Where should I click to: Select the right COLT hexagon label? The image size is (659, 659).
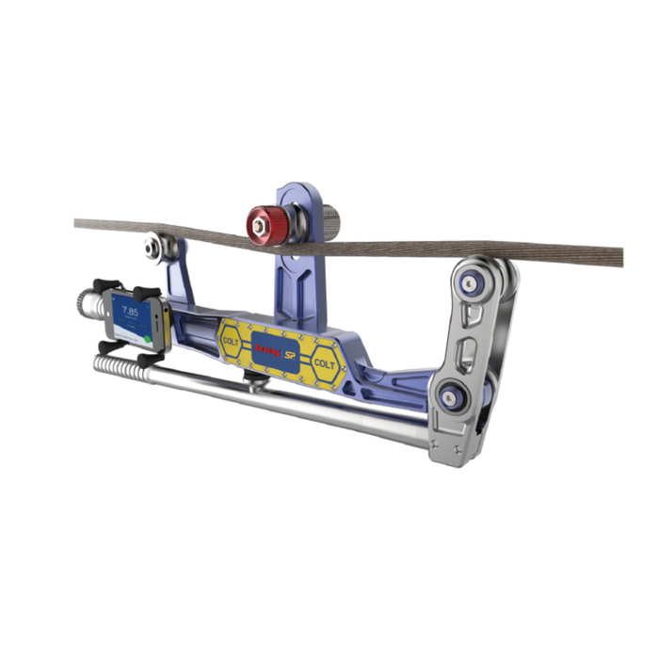324,363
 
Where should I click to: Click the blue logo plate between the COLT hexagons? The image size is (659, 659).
276,350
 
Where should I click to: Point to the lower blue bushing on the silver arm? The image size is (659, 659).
453,397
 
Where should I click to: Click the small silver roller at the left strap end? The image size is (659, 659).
153,248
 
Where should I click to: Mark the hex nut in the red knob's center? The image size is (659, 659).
260,222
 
